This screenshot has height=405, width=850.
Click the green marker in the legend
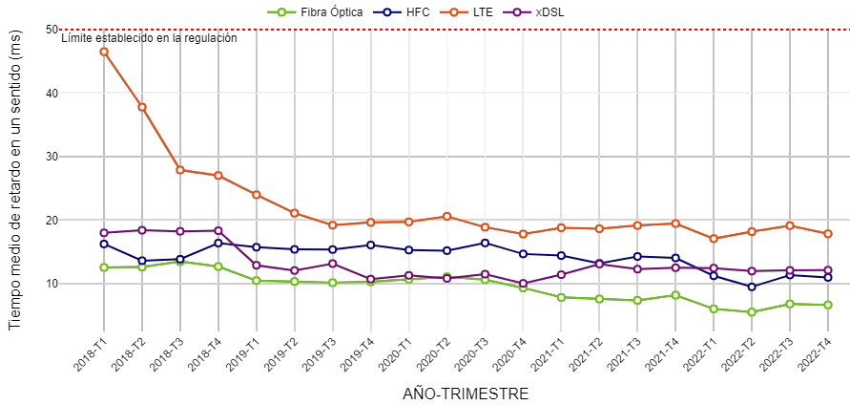(281, 12)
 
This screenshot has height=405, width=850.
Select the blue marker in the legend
(386, 12)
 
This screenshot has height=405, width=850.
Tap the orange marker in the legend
(453, 12)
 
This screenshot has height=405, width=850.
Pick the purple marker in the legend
(517, 12)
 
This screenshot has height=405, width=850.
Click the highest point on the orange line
(104, 52)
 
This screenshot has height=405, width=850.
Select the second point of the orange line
(142, 107)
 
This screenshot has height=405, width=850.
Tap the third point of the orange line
(180, 170)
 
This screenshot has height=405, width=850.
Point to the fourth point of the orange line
(218, 176)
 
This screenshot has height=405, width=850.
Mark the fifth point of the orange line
(256, 195)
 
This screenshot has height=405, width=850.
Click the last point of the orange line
(828, 234)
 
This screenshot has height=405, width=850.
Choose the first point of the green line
(104, 267)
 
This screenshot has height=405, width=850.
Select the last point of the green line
(828, 305)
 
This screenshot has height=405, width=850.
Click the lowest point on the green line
(752, 312)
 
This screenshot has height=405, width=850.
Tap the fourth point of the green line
(218, 266)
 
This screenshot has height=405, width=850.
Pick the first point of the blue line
(104, 244)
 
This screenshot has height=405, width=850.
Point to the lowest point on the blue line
(752, 287)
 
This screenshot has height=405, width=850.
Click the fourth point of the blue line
(218, 243)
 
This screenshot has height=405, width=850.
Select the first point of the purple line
(104, 233)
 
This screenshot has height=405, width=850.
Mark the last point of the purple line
(828, 270)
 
